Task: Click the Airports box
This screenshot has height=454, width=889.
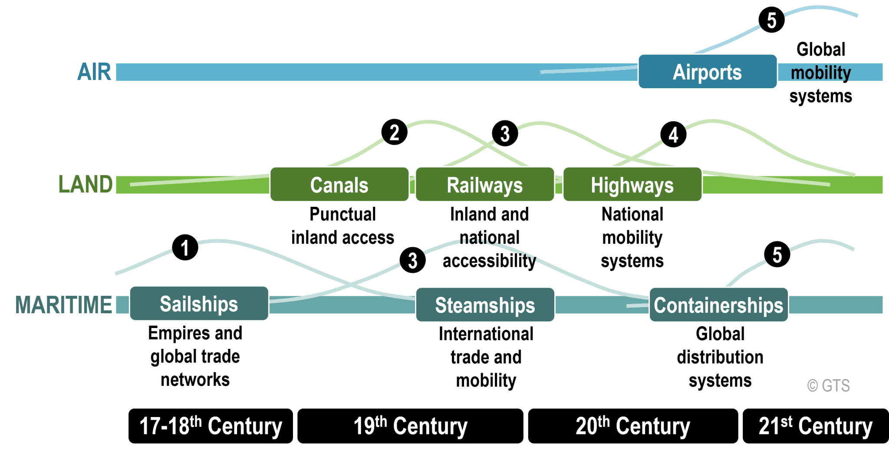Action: click(x=707, y=72)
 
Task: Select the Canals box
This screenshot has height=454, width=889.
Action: click(x=339, y=185)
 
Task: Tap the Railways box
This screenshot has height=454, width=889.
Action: click(x=484, y=185)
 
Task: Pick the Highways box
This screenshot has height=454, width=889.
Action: click(x=632, y=185)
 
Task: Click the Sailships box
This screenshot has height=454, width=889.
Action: click(x=199, y=303)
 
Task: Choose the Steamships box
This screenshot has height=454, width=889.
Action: click(x=484, y=305)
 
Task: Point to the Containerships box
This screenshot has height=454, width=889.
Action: click(x=718, y=305)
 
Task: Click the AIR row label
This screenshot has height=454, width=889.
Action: click(x=94, y=72)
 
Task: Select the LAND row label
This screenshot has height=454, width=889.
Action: click(x=86, y=184)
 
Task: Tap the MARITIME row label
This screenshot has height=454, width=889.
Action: click(x=64, y=304)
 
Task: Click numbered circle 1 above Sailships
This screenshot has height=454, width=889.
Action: click(x=185, y=248)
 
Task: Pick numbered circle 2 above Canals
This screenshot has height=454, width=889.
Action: click(x=394, y=132)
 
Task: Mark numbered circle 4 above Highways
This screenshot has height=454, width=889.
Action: click(x=673, y=134)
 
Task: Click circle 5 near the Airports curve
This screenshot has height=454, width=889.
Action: click(x=771, y=20)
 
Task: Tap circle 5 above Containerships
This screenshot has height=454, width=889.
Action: click(x=777, y=255)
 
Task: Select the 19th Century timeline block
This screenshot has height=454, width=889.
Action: click(x=410, y=426)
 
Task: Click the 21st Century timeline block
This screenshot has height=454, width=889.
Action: click(x=815, y=426)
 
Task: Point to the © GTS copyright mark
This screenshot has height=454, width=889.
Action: click(x=828, y=385)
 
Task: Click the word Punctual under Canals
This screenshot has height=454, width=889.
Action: click(x=342, y=214)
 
